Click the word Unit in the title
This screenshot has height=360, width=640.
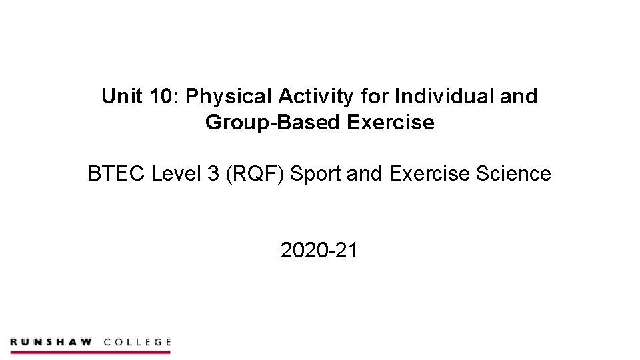point(119,97)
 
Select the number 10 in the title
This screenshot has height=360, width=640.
point(161,97)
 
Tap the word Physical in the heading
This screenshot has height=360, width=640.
point(229,97)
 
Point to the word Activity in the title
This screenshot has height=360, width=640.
point(315,97)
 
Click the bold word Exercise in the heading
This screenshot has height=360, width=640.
point(391,123)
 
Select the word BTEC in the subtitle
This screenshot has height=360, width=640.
point(117,174)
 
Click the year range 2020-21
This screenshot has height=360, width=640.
point(319,251)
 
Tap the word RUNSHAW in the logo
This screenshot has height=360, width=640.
point(51,342)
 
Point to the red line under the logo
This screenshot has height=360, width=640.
point(90,351)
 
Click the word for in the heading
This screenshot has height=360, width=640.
point(375,97)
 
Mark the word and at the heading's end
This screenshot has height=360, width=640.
point(519,97)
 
